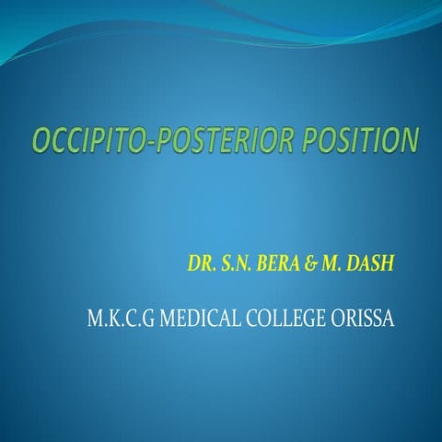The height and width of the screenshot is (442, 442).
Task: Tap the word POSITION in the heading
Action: click(x=354, y=141)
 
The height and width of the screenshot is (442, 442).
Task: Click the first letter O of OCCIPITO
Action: click(x=41, y=141)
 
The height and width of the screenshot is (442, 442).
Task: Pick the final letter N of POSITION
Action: click(x=410, y=141)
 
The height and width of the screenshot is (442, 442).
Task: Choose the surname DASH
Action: click(x=367, y=263)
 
